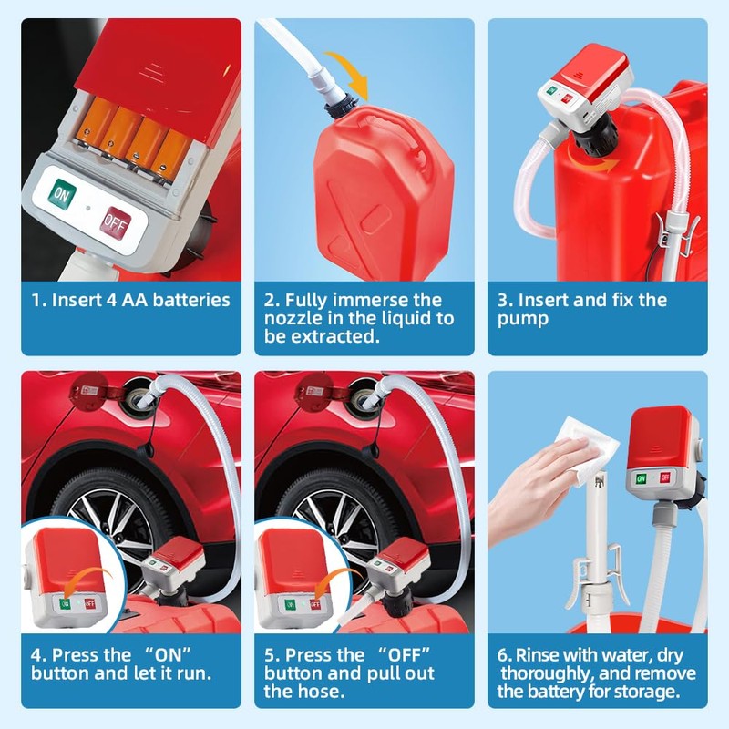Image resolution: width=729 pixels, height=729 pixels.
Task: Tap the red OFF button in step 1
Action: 114,221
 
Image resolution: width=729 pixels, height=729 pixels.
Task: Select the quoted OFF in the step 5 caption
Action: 399,654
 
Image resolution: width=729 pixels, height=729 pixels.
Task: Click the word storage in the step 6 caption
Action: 652,692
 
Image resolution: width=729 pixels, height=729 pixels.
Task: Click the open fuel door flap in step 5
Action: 312,393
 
